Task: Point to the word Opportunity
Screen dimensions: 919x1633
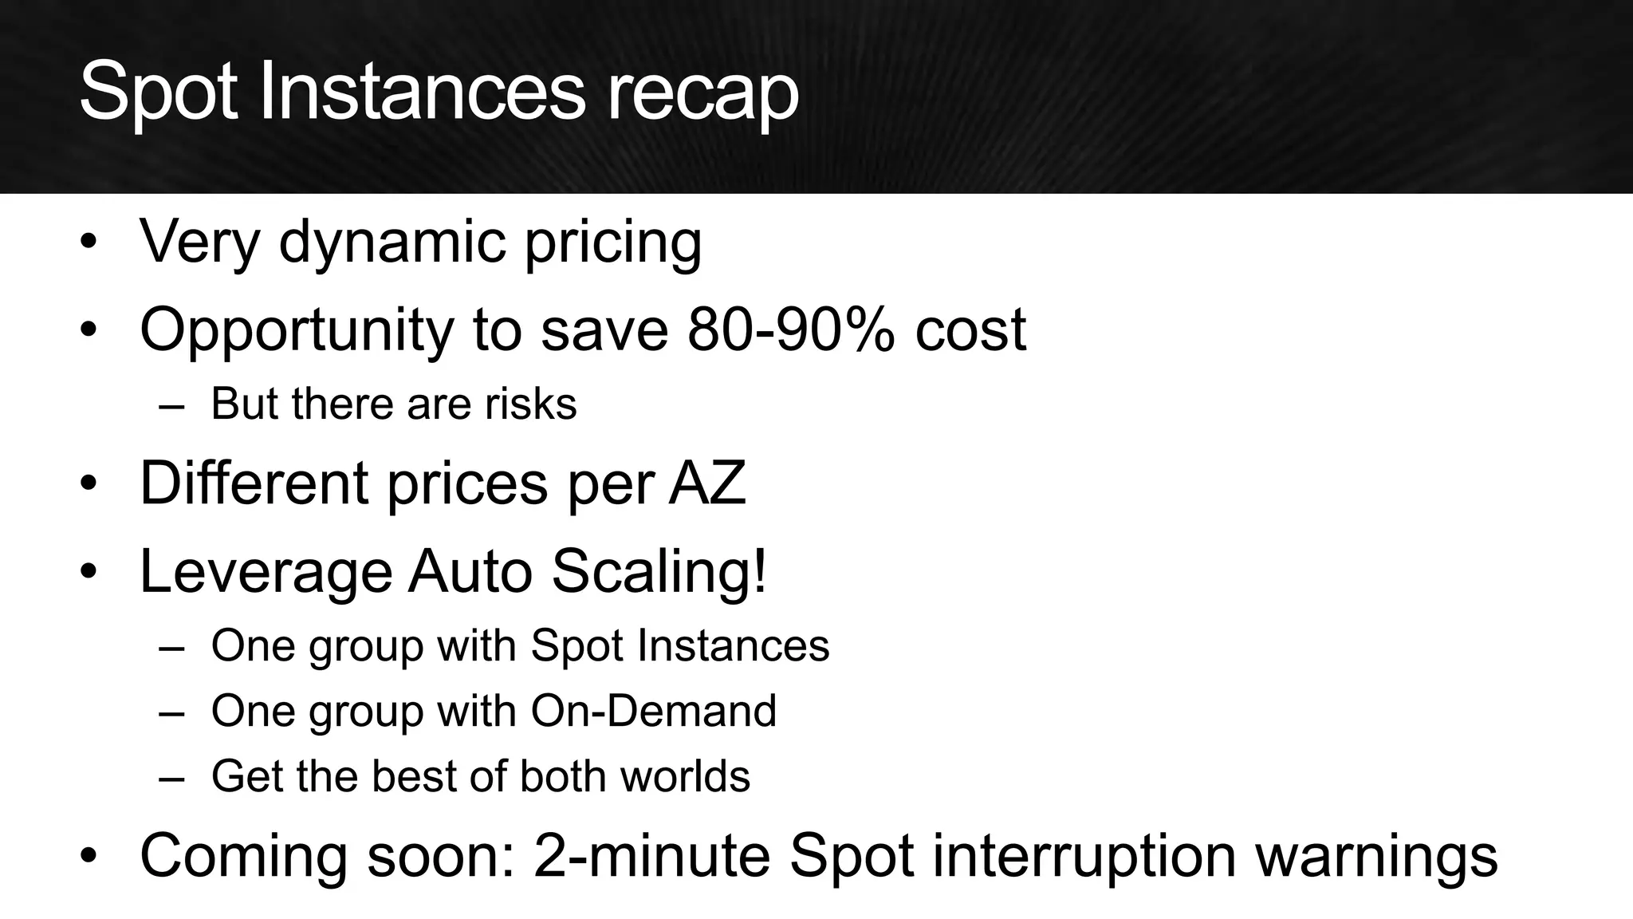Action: coord(296,330)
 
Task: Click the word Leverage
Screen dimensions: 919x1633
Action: coord(266,572)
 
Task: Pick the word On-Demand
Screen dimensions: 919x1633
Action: coord(653,710)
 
